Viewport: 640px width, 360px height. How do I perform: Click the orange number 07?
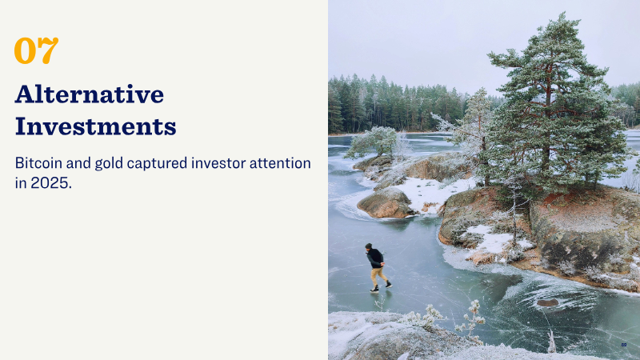[x=36, y=50]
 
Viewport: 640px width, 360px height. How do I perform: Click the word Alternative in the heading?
[x=90, y=94]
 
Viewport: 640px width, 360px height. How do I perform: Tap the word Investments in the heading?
[x=95, y=126]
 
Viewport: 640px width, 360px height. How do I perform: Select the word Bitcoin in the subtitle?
[x=38, y=163]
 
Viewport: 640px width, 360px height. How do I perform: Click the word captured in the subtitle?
[x=157, y=164]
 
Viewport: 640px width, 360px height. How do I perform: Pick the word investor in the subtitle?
[x=218, y=163]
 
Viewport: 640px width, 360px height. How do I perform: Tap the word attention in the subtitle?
[x=281, y=163]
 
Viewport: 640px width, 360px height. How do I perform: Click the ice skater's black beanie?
[x=369, y=246]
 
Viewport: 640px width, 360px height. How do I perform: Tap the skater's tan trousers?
[x=378, y=277]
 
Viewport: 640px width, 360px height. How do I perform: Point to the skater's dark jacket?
[x=375, y=258]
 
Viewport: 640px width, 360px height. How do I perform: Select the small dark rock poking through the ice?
[x=547, y=302]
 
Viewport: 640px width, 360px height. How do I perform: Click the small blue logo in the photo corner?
[x=624, y=345]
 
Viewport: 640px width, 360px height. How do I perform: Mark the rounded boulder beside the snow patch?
[x=385, y=203]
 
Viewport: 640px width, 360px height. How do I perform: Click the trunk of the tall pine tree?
[x=546, y=134]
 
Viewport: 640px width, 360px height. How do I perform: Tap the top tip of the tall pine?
[x=563, y=13]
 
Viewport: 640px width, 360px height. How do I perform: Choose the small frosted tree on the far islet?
[x=374, y=142]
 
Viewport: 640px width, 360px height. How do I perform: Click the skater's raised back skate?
[x=389, y=284]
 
